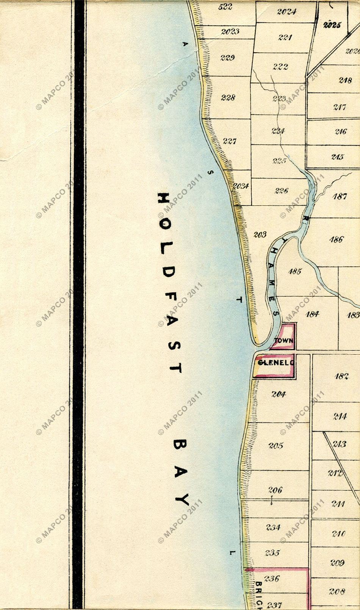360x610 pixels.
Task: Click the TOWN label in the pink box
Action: [x=283, y=341]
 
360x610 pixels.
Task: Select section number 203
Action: [x=260, y=235]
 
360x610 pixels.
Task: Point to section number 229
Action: [x=227, y=58]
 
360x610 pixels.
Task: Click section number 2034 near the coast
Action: [x=241, y=186]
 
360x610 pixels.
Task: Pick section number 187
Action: [x=340, y=196]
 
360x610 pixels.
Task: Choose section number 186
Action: [x=336, y=239]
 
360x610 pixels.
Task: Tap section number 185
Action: [x=294, y=271]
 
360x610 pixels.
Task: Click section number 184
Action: [x=312, y=314]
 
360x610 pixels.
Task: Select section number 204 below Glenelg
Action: [x=279, y=394]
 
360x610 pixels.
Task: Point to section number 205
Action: [x=276, y=446]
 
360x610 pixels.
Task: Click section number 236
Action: [x=272, y=578]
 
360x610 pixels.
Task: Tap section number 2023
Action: [x=230, y=31]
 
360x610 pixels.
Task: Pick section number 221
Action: [x=285, y=38]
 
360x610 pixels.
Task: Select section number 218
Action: [x=345, y=80]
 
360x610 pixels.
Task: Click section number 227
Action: [x=230, y=141]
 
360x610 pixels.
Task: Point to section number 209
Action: [x=337, y=563]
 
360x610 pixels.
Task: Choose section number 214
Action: [x=340, y=416]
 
